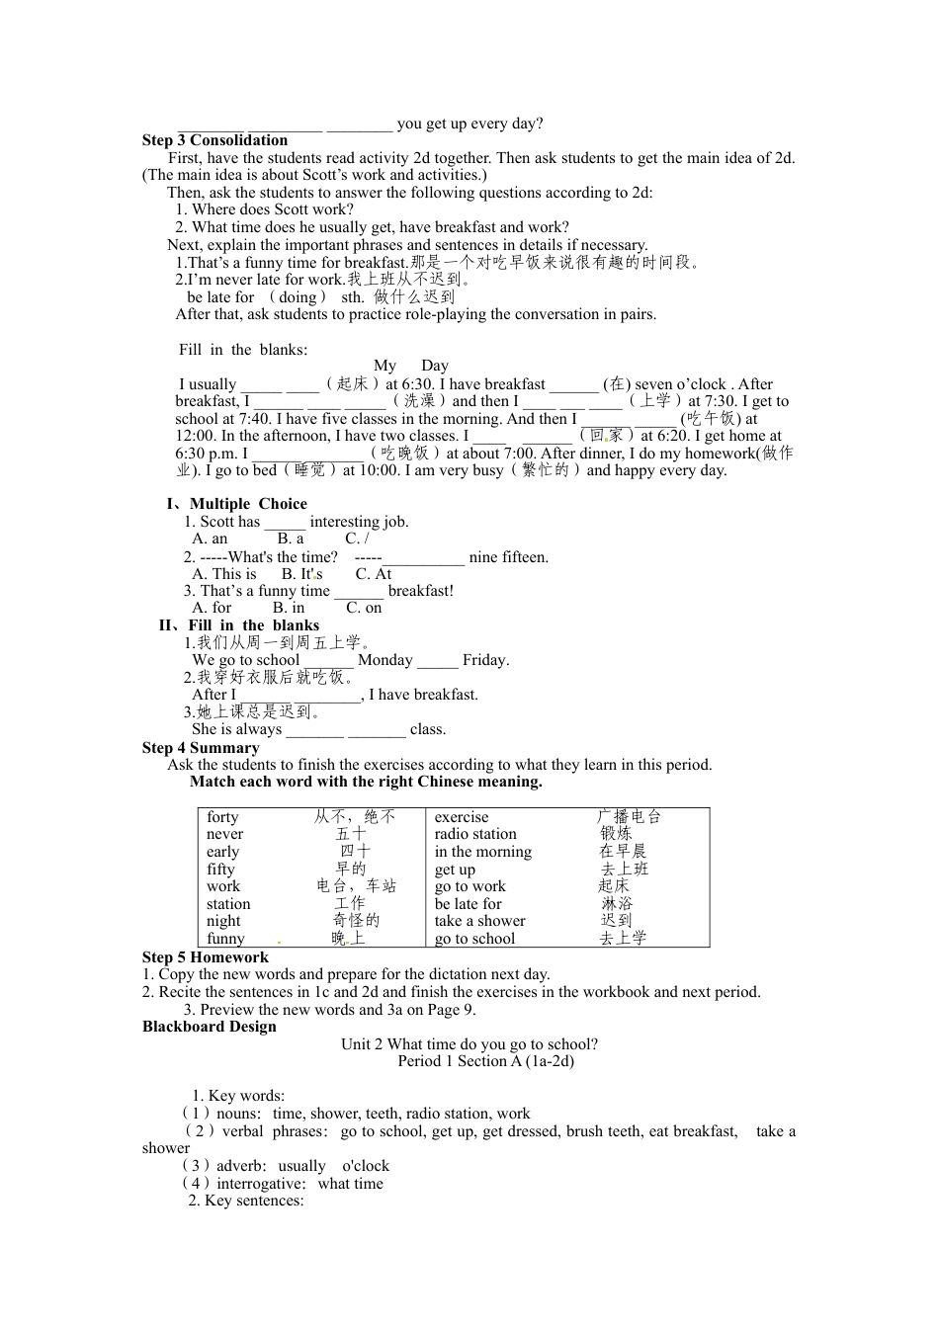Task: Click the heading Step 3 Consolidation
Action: pyautogui.click(x=214, y=140)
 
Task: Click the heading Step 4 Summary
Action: pyautogui.click(x=201, y=748)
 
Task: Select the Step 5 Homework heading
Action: pyautogui.click(x=205, y=957)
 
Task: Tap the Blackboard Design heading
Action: pyautogui.click(x=210, y=1027)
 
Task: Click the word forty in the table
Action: pyautogui.click(x=222, y=817)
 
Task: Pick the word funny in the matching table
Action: pyautogui.click(x=225, y=939)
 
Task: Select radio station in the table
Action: pyautogui.click(x=475, y=834)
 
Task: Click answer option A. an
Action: pyautogui.click(x=210, y=539)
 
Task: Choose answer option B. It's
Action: pyautogui.click(x=301, y=574)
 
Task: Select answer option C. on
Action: pyautogui.click(x=364, y=608)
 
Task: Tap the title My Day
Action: pyautogui.click(x=410, y=366)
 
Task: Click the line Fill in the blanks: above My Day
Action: pyautogui.click(x=243, y=350)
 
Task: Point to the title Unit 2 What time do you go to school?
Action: pyautogui.click(x=469, y=1044)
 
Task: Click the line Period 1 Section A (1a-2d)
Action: pyautogui.click(x=485, y=1061)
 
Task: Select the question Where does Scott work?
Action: pyautogui.click(x=264, y=209)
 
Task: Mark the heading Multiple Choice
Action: pyautogui.click(x=248, y=504)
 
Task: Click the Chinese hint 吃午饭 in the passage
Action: pyautogui.click(x=712, y=419)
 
